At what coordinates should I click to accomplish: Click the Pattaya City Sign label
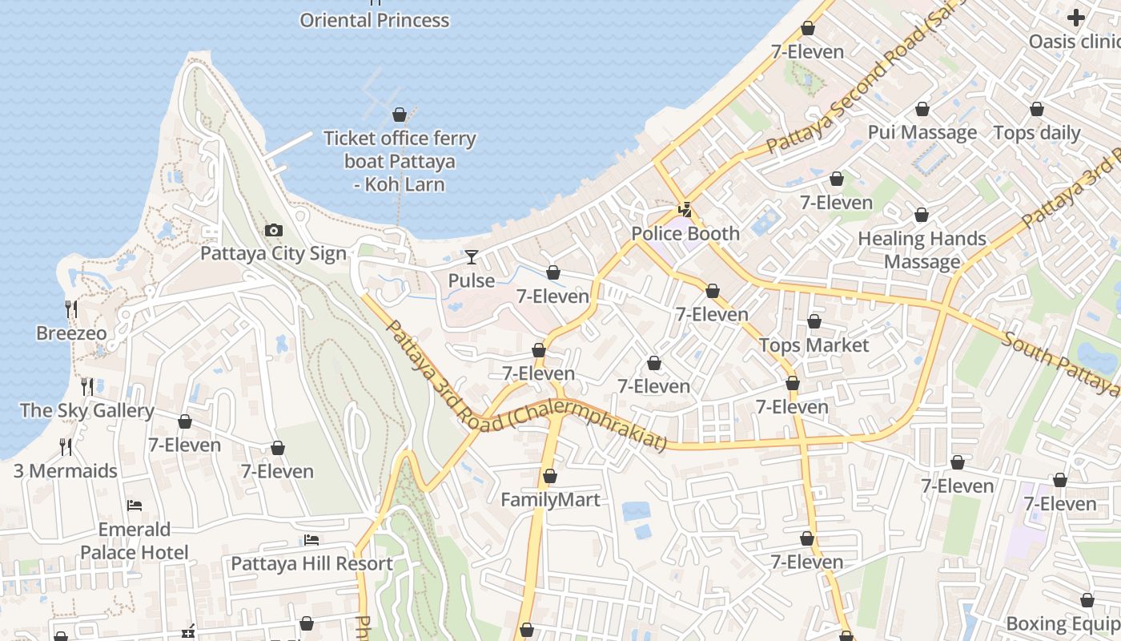point(273,254)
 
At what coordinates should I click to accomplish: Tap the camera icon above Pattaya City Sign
point(273,231)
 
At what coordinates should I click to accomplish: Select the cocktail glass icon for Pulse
point(472,257)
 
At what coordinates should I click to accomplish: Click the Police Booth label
point(685,234)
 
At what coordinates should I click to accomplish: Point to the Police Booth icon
point(685,211)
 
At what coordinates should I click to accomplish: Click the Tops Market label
point(814,345)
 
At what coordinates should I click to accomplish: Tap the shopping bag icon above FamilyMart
point(550,477)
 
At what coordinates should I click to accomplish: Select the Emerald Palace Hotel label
point(135,541)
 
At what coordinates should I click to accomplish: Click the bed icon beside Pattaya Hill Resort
point(311,541)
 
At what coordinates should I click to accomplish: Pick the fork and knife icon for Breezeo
point(71,308)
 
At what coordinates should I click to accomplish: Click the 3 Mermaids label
point(66,471)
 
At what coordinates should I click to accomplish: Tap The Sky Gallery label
point(86,411)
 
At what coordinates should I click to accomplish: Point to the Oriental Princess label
point(375,20)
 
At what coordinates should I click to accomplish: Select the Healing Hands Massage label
point(922,250)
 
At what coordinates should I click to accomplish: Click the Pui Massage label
point(922,132)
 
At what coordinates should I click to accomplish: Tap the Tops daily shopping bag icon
point(1037,109)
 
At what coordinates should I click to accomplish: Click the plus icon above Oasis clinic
point(1076,17)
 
